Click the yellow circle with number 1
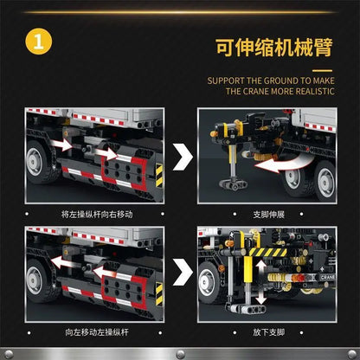point(35,41)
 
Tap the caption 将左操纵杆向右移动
point(91,213)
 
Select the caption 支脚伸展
point(267,213)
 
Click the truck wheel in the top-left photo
point(43,164)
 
